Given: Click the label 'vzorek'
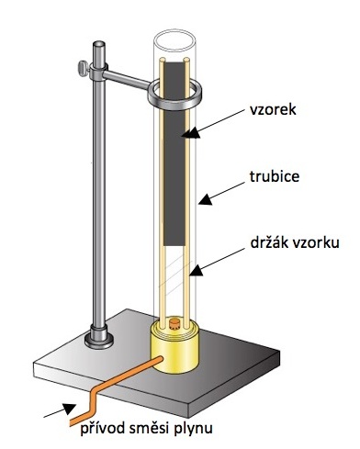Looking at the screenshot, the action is pyautogui.click(x=273, y=109).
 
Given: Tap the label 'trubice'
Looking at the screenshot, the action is pyautogui.click(x=275, y=176).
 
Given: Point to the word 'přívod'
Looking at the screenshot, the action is pyautogui.click(x=102, y=428).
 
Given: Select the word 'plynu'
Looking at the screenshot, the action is pyautogui.click(x=194, y=429).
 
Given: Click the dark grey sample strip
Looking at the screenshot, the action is pyautogui.click(x=174, y=153).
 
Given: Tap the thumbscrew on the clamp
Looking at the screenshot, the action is pyautogui.click(x=83, y=68).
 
